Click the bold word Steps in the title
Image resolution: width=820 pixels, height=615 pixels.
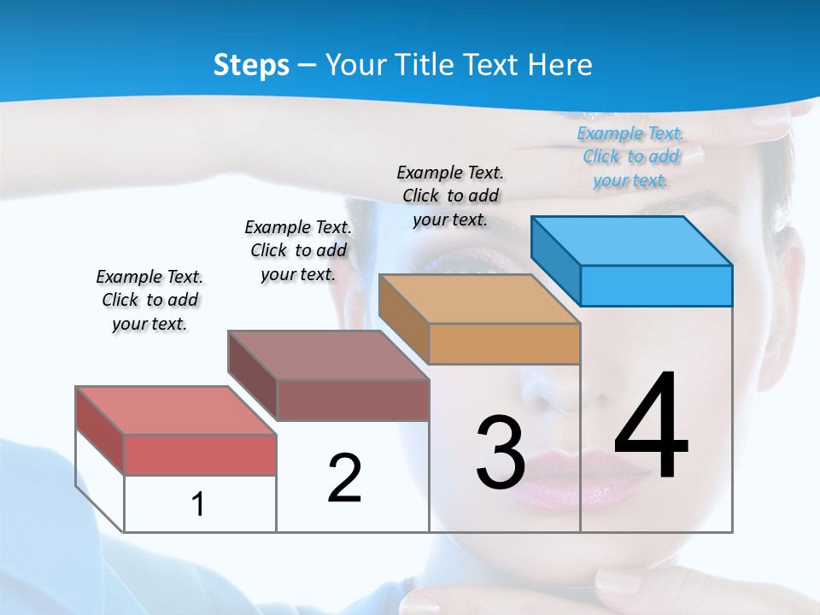pyautogui.click(x=251, y=65)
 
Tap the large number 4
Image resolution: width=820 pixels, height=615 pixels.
pyautogui.click(x=652, y=426)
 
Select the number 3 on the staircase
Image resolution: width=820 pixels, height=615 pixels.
pyautogui.click(x=501, y=453)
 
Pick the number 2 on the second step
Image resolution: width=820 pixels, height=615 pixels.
pyautogui.click(x=344, y=478)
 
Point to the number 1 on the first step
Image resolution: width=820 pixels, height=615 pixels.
pyautogui.click(x=197, y=504)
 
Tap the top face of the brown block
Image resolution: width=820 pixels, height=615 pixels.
pyautogui.click(x=328, y=354)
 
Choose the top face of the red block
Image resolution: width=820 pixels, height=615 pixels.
pyautogui.click(x=175, y=410)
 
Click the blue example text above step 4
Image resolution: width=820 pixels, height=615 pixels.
pyautogui.click(x=631, y=156)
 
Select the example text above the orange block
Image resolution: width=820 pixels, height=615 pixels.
pyautogui.click(x=450, y=196)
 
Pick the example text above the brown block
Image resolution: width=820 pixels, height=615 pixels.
pyautogui.click(x=298, y=250)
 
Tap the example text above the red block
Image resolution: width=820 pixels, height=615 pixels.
pyautogui.click(x=149, y=300)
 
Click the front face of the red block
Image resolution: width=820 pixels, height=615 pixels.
pyautogui.click(x=200, y=454)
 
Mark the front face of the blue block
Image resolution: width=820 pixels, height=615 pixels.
pyautogui.click(x=656, y=285)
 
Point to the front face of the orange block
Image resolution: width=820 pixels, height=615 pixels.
pyautogui.click(x=504, y=343)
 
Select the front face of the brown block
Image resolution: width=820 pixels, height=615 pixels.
pyautogui.click(x=352, y=400)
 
